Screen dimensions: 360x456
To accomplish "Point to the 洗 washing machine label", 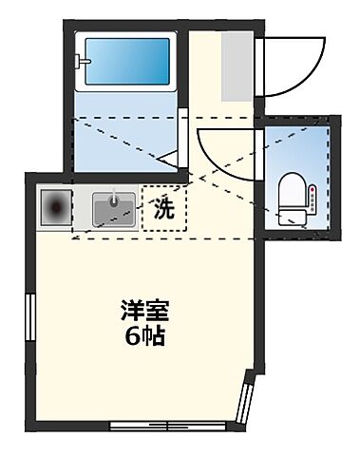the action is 163,208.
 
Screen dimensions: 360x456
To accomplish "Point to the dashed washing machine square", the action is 163,207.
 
